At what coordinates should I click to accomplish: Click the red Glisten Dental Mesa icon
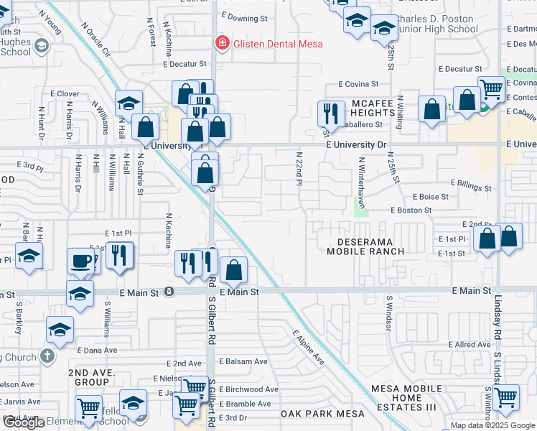click(x=223, y=44)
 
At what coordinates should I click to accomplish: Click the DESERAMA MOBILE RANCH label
click(x=365, y=246)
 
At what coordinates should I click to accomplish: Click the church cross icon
click(x=47, y=356)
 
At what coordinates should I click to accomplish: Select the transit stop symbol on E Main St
click(x=169, y=292)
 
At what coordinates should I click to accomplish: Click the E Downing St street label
click(x=244, y=15)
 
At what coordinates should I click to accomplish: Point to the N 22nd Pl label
click(x=299, y=169)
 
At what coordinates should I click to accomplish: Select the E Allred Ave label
click(x=470, y=345)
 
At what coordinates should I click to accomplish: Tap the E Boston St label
click(x=411, y=210)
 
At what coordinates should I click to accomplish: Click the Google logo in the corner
click(x=24, y=423)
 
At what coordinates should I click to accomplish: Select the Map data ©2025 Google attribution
click(x=492, y=425)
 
